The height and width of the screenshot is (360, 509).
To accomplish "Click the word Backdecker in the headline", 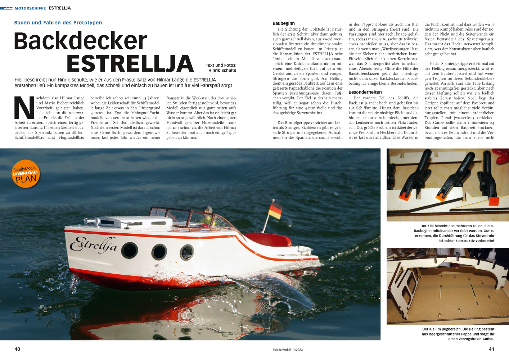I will (81, 41).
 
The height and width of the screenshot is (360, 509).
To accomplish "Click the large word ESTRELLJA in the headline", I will (130, 64).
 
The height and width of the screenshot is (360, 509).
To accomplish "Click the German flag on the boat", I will (275, 210).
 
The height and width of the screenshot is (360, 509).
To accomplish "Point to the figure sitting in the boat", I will (208, 216).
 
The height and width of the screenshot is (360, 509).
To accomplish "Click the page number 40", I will (17, 349).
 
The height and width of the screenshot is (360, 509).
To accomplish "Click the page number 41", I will (491, 349).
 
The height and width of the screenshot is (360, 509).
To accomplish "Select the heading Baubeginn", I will (284, 23).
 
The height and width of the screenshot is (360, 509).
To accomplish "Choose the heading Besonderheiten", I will (365, 92).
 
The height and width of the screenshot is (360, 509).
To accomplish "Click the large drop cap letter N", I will (24, 108).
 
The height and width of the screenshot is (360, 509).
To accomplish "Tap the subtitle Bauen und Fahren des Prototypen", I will (58, 23).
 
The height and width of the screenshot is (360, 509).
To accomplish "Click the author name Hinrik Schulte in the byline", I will (222, 70).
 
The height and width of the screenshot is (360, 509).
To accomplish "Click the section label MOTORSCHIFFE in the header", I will (30, 8).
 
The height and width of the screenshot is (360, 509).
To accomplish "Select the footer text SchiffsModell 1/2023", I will (288, 350).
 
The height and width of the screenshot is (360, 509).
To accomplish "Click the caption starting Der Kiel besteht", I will (454, 233).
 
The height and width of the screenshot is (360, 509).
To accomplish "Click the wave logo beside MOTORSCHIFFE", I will (6, 8).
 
